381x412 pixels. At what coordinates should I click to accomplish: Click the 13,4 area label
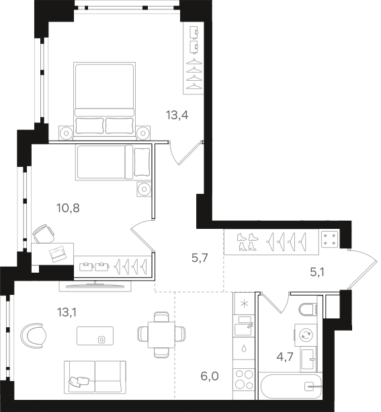(x=177, y=115)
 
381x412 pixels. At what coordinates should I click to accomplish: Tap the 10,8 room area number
(x=68, y=208)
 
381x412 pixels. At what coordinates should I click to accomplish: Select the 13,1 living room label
(x=67, y=312)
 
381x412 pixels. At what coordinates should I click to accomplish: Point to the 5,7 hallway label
(x=200, y=258)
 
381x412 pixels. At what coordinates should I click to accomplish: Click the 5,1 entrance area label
(x=317, y=273)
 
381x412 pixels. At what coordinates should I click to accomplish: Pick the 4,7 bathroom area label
(x=285, y=357)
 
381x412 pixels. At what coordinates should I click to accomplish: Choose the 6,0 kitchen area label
(x=210, y=376)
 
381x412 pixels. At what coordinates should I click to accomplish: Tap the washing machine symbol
(x=306, y=335)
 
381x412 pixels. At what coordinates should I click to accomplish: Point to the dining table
(x=161, y=335)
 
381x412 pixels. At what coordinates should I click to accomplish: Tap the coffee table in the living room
(x=95, y=336)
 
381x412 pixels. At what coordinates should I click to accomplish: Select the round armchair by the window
(x=34, y=335)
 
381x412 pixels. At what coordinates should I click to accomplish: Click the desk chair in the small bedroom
(x=44, y=234)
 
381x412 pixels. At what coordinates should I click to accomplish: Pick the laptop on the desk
(x=58, y=254)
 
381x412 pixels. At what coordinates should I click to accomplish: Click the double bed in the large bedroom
(x=105, y=100)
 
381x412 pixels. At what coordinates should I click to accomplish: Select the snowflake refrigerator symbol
(x=244, y=304)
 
